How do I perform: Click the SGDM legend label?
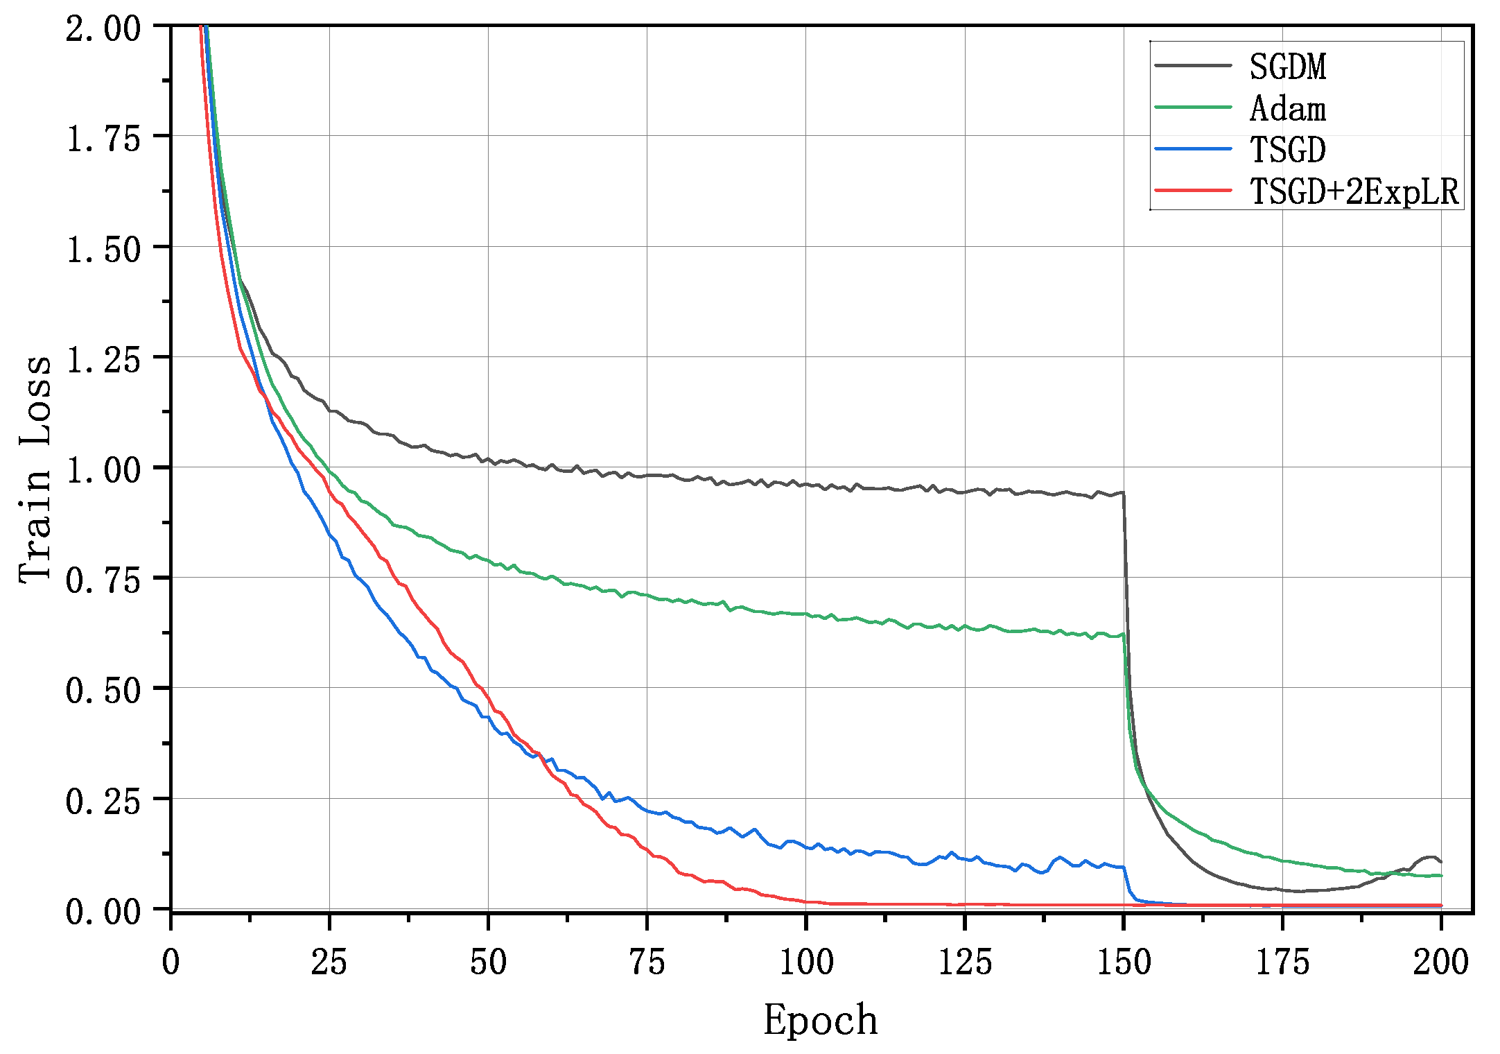[1287, 67]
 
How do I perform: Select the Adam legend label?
[1287, 109]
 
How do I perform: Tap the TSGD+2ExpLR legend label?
[1354, 191]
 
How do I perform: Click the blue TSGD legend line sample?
[1192, 149]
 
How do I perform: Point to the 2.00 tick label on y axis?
[103, 29]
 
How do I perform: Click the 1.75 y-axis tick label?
[103, 139]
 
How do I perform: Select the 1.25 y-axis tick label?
[103, 359]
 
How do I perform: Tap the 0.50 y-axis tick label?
[103, 691]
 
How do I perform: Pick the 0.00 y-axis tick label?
[103, 911]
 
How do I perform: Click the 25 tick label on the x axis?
[329, 962]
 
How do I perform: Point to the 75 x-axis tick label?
[646, 962]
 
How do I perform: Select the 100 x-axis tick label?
[805, 962]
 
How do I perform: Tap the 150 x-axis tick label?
[1123, 962]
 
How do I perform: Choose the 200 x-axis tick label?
[1440, 962]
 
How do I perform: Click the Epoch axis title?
[821, 1021]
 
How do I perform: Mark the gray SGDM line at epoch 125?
[965, 492]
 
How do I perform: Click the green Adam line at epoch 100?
[805, 614]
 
